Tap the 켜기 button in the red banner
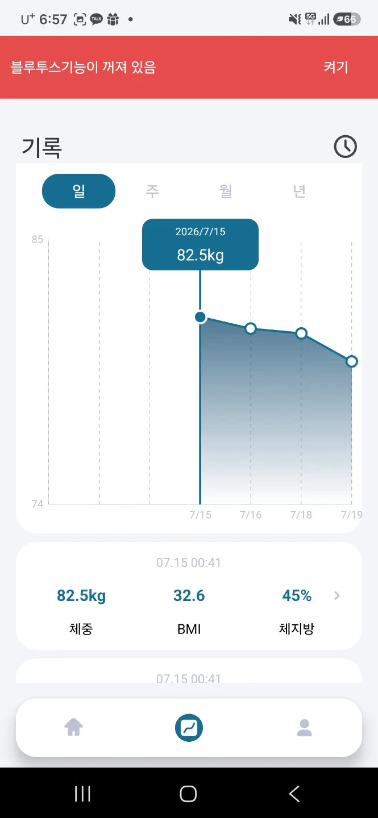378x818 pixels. tap(335, 67)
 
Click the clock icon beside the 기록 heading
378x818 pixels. tap(345, 147)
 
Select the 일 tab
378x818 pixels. tap(78, 191)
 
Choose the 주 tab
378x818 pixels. tap(152, 191)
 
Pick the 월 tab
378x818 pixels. tap(226, 191)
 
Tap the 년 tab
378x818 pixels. tap(299, 191)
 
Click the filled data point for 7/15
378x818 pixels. tap(200, 317)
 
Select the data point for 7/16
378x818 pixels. tap(251, 329)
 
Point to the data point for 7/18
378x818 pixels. tap(301, 333)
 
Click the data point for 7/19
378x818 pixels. tap(352, 361)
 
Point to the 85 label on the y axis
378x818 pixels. tap(38, 240)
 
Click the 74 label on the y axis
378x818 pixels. tap(38, 504)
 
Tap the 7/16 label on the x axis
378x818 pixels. tap(251, 515)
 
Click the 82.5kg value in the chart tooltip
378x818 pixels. tap(200, 255)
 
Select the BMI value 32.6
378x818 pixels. tap(189, 595)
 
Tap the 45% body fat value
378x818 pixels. tap(297, 595)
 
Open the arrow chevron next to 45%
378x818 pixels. tap(337, 595)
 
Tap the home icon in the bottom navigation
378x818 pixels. tap(74, 727)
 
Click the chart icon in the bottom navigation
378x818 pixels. tap(189, 728)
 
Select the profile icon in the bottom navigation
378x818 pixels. tap(305, 728)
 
